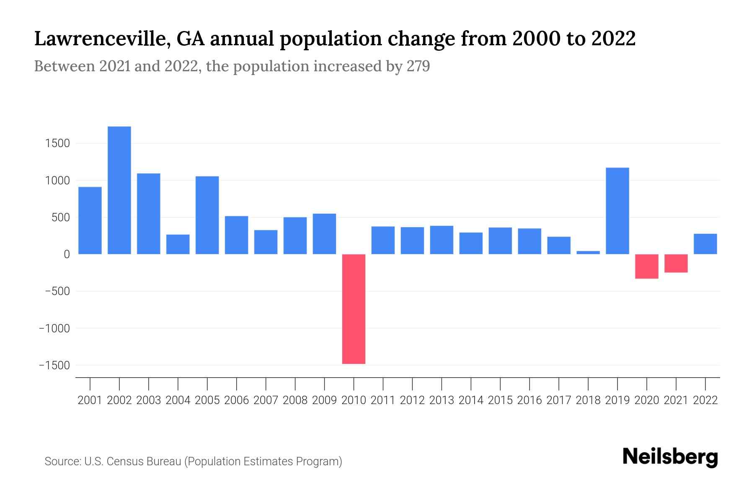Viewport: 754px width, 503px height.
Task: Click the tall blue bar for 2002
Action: [119, 190]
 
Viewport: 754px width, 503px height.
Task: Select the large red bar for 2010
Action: [354, 309]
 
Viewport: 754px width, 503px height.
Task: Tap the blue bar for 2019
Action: [617, 211]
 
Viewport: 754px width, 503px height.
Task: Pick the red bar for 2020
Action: [647, 267]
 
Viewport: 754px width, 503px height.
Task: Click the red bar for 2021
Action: [676, 264]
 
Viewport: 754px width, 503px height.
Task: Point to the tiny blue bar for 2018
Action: [588, 252]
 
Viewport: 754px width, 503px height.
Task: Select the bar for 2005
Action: [207, 215]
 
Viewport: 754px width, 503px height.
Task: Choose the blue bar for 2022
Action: [705, 244]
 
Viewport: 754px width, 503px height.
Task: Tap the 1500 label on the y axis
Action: [57, 143]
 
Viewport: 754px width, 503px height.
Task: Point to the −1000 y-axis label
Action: [54, 328]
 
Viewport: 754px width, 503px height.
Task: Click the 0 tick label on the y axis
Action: [67, 254]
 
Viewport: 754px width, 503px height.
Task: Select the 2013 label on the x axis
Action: [442, 400]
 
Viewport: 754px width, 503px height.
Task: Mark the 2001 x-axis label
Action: [90, 400]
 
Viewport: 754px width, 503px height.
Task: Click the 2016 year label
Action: [529, 400]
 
